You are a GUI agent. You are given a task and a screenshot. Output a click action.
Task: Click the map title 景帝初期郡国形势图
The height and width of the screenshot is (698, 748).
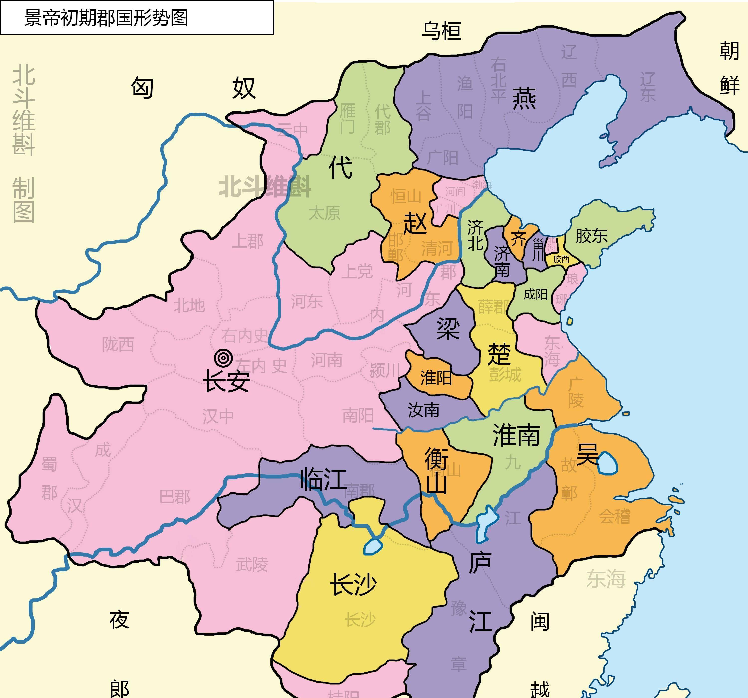click(x=106, y=18)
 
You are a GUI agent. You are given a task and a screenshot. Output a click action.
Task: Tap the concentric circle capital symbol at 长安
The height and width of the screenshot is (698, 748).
click(x=223, y=358)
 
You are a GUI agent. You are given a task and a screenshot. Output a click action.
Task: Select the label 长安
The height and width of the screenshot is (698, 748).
click(x=226, y=381)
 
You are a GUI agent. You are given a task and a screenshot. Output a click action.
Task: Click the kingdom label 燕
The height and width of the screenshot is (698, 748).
click(x=524, y=99)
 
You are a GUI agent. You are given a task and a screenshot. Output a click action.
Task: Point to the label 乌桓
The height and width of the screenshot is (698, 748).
click(x=441, y=31)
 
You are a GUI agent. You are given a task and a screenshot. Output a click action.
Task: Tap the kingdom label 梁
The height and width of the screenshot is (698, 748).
click(x=448, y=329)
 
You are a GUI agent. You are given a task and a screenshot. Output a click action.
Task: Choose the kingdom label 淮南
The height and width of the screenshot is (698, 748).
click(x=516, y=435)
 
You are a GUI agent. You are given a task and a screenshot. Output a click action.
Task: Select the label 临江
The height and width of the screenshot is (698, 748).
click(x=323, y=479)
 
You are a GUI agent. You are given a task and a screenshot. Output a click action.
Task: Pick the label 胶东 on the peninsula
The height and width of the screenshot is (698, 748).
click(x=591, y=236)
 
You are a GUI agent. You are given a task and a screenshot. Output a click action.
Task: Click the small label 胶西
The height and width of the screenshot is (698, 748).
click(x=561, y=259)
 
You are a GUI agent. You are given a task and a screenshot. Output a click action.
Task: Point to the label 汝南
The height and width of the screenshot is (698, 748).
click(x=423, y=410)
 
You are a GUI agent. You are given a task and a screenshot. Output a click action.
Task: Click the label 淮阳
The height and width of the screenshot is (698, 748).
click(x=436, y=377)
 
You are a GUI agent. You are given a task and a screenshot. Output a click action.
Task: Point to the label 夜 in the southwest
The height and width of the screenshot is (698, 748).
click(x=119, y=620)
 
